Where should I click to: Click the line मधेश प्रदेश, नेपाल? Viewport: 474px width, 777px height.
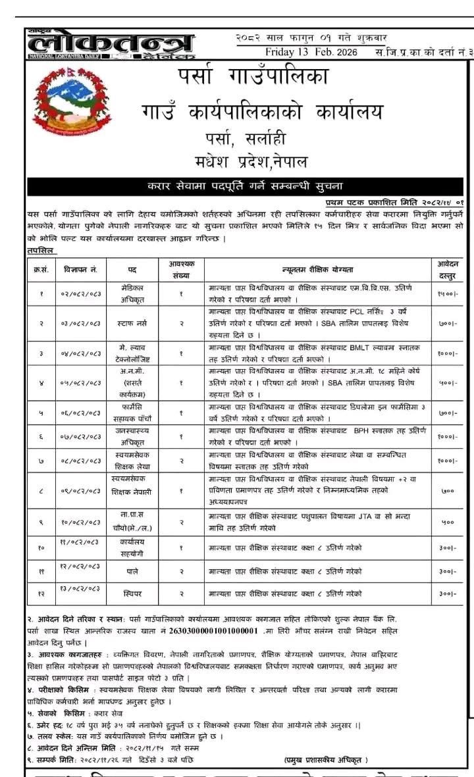click(x=253, y=161)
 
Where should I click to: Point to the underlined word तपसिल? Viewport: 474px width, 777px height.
click(x=41, y=251)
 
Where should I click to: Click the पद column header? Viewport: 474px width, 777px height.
click(x=132, y=269)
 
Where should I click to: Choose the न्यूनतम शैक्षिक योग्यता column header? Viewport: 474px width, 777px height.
click(x=317, y=269)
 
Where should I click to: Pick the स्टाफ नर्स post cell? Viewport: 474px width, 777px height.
click(x=132, y=324)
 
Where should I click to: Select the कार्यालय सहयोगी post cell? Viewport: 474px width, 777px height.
click(x=132, y=547)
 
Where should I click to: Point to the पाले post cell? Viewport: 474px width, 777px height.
click(x=132, y=571)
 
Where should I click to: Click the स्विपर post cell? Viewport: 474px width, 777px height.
click(x=132, y=593)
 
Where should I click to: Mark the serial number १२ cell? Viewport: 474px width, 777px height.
click(x=41, y=593)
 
